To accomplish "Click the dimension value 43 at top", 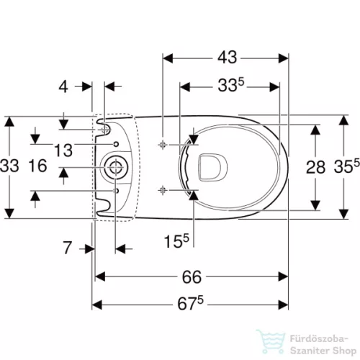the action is pos(227,58).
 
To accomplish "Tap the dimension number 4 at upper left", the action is pos(63,86).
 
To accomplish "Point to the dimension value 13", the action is pos(63,150).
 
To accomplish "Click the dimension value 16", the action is pos(38,166).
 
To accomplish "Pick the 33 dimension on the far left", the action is pos(9,166).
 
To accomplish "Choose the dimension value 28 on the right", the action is pos(315,167).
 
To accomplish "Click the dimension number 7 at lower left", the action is pos(67,248).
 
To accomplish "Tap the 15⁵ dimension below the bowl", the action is pos(176,240).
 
